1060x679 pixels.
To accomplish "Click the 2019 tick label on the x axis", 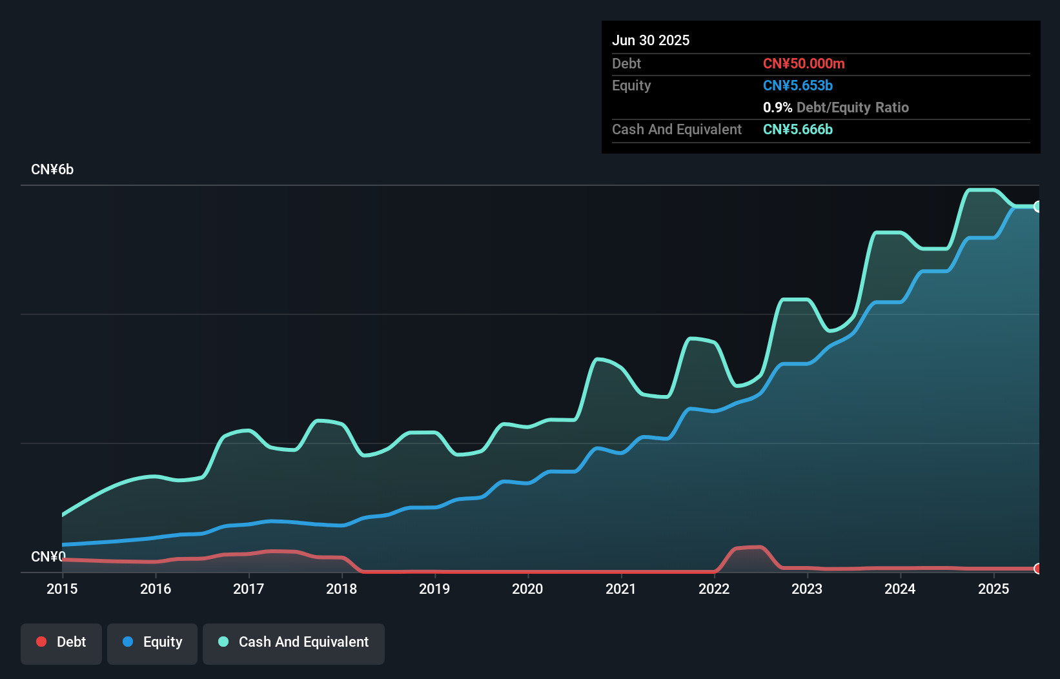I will pos(434,589).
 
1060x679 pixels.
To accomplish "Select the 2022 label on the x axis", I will pos(713,589).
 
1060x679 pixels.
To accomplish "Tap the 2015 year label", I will pos(62,589).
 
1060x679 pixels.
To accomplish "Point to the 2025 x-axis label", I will pos(993,589).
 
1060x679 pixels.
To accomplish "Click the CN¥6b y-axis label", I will pos(52,170).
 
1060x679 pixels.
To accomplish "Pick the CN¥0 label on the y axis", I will pos(48,556).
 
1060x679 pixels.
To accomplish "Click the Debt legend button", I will pos(61,642).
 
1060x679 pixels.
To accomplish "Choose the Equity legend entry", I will pos(152,642).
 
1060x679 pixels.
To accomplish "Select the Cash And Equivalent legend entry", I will pos(294,642).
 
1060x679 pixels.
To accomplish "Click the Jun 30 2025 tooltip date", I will pos(651,40).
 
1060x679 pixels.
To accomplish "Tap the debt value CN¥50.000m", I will pos(804,63).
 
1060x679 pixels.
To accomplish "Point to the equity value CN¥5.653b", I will pos(798,85).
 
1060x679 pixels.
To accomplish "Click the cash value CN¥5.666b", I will pos(798,129).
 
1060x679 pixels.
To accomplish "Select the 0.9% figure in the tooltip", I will pos(777,107).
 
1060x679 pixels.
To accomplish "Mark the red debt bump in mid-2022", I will pos(749,548).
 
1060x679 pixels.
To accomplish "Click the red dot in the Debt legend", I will pos(41,642).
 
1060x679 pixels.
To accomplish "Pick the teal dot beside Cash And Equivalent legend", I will pos(223,642).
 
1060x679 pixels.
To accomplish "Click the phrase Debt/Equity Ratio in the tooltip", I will pos(853,107).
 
